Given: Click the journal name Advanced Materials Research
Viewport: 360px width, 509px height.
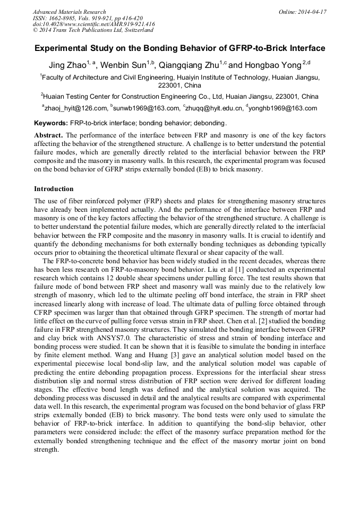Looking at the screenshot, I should click(69, 12).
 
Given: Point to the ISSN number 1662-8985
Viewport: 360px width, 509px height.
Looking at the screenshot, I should click(62, 18).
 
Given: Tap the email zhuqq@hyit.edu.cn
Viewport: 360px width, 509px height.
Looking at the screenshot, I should click(215, 108).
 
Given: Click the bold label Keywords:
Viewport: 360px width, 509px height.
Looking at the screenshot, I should click(51, 123).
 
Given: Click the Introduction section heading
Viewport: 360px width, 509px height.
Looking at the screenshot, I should click(54, 189).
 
